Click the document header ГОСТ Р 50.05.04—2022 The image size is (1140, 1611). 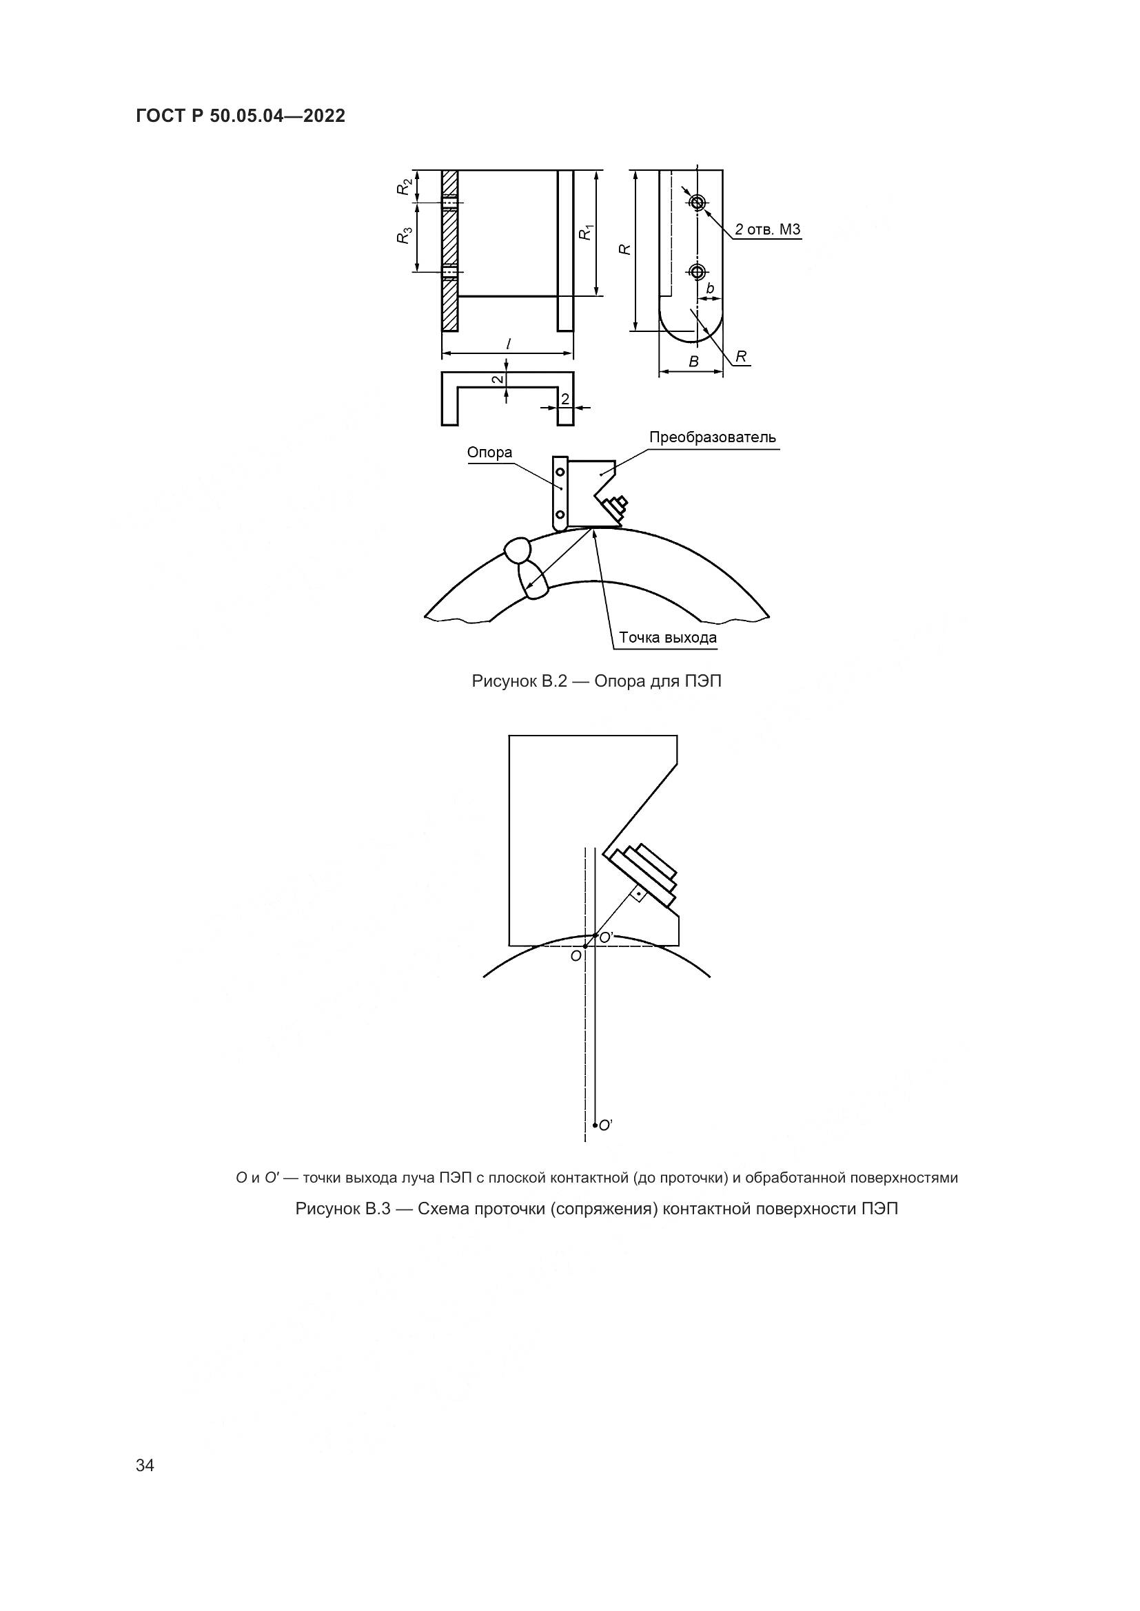pyautogui.click(x=241, y=116)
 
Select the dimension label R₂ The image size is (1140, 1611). pyautogui.click(x=404, y=187)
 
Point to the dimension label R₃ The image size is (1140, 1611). pyautogui.click(x=404, y=237)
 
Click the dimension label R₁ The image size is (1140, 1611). pyautogui.click(x=586, y=231)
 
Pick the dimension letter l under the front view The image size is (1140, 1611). pyautogui.click(x=508, y=344)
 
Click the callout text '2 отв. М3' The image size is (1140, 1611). pyautogui.click(x=767, y=229)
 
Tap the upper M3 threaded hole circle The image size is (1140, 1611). pyautogui.click(x=697, y=202)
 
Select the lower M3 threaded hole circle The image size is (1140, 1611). pyautogui.click(x=697, y=271)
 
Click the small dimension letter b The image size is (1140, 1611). pyautogui.click(x=710, y=289)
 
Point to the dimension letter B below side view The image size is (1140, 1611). pyautogui.click(x=693, y=362)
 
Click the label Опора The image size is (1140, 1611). pyautogui.click(x=490, y=453)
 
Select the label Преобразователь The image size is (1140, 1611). pyautogui.click(x=713, y=437)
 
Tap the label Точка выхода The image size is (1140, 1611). pyautogui.click(x=668, y=638)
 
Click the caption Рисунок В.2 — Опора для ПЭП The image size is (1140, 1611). pyautogui.click(x=597, y=680)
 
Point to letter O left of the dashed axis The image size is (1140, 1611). pyautogui.click(x=576, y=957)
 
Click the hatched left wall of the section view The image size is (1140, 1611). pyautogui.click(x=449, y=250)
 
